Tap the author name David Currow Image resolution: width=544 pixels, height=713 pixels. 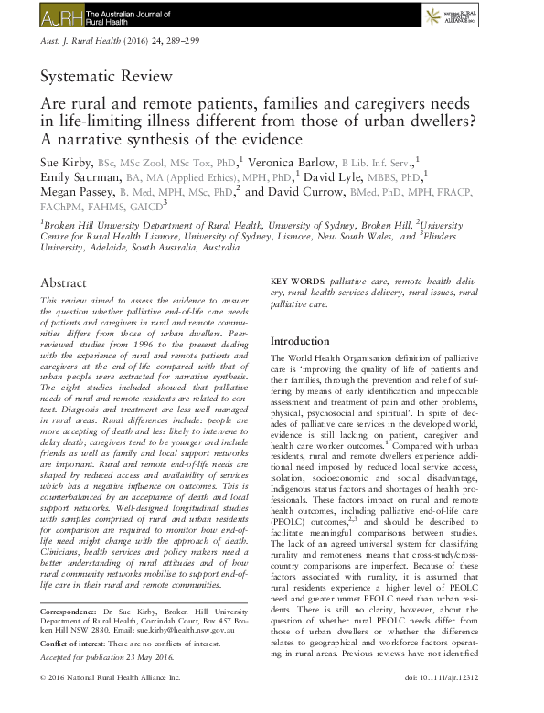pyautogui.click(x=309, y=192)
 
